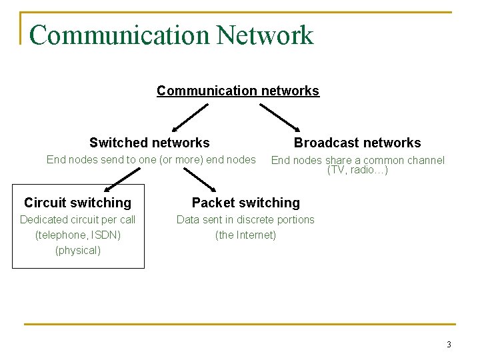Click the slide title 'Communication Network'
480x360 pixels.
(171, 35)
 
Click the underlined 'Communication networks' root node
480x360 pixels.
(238, 91)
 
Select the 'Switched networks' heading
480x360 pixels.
(149, 143)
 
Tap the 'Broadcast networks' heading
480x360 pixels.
(357, 143)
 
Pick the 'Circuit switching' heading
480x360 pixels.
(78, 203)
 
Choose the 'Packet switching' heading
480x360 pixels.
(246, 203)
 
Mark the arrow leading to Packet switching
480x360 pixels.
(199, 179)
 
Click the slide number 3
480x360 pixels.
(449, 345)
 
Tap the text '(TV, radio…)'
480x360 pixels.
(357, 170)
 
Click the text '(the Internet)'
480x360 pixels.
(245, 235)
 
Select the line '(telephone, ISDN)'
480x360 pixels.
(78, 235)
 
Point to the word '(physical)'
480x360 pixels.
(78, 250)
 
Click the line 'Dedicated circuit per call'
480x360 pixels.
(78, 219)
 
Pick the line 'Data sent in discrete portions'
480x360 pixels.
(245, 219)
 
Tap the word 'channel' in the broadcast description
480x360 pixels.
(425, 160)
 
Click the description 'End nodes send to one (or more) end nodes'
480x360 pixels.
(151, 159)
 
